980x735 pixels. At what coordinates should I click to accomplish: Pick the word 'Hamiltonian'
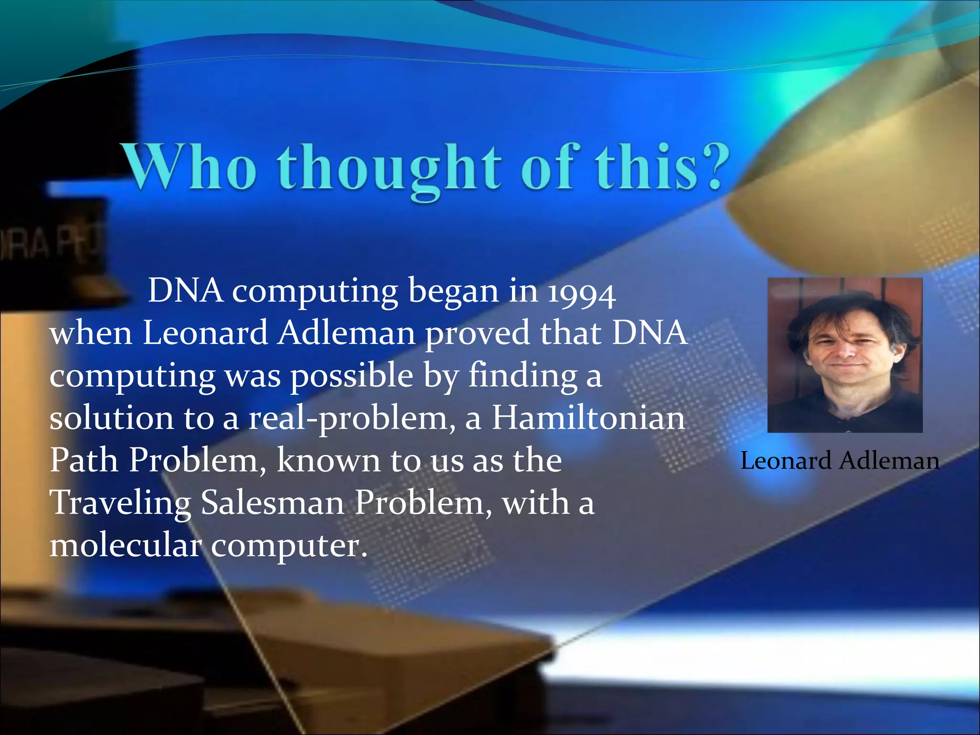[589, 418]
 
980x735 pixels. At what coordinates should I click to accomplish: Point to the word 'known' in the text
[328, 460]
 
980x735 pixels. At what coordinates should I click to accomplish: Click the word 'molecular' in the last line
[125, 545]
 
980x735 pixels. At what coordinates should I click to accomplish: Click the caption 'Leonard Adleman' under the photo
[839, 461]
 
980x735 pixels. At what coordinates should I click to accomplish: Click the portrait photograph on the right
[845, 355]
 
